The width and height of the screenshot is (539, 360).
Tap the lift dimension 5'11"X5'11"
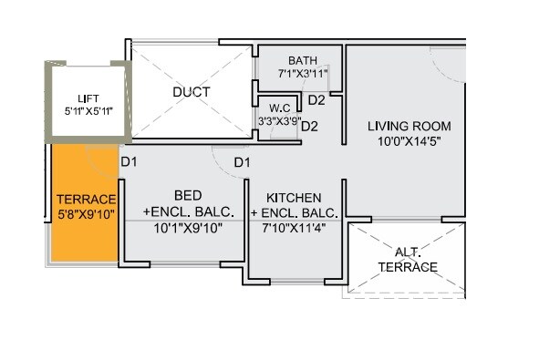click(88, 110)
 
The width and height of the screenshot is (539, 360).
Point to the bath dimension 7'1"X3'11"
click(303, 73)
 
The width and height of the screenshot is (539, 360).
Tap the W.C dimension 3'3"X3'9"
click(278, 118)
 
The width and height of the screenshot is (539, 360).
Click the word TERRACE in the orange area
click(86, 200)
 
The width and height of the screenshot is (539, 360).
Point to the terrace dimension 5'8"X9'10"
click(86, 215)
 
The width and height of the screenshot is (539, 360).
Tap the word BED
click(188, 196)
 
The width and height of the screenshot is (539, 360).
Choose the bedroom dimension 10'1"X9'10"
click(188, 227)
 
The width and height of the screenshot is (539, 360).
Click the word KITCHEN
click(293, 197)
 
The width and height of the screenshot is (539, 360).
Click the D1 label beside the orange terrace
click(129, 162)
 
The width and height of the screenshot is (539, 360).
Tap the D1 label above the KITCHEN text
click(242, 162)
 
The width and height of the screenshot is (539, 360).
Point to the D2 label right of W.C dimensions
click(309, 126)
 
